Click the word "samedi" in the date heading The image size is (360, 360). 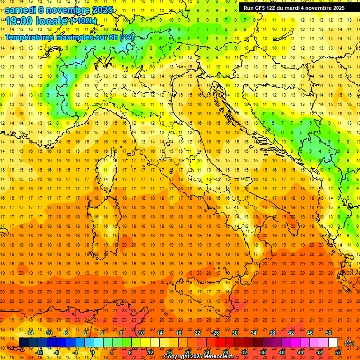tap(20, 10)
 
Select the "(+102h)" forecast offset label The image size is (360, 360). tap(83, 21)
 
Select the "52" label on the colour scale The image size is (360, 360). tap(338, 352)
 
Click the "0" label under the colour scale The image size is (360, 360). tap(93, 352)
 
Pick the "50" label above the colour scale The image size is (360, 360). tap(329, 333)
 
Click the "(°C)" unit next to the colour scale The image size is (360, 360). tap(350, 343)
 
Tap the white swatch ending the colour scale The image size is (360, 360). tap(333, 343)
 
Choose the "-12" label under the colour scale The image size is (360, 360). tap(39, 352)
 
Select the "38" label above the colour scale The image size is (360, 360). tap(272, 333)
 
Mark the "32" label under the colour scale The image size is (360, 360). tap(244, 352)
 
